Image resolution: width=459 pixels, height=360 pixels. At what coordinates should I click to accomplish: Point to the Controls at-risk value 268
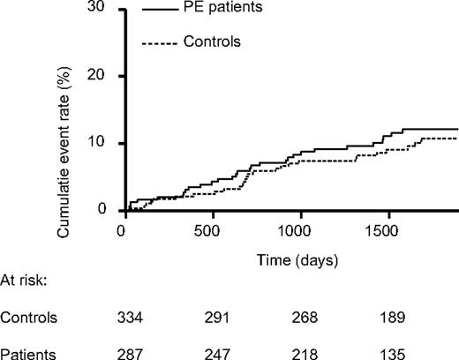coord(305,318)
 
